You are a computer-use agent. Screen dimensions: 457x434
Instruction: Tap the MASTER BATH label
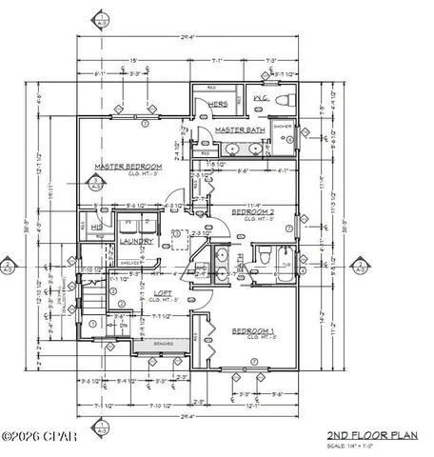tap(238, 129)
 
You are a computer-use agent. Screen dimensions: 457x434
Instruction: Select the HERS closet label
tap(219, 104)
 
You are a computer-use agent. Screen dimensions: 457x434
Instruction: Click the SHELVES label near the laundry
tap(132, 264)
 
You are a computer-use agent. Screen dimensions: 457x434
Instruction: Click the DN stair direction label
tap(122, 321)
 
